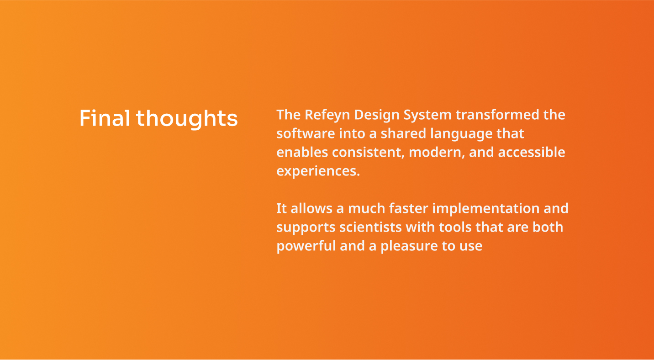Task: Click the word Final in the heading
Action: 105,118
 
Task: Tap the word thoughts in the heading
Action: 187,119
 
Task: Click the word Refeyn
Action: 327,115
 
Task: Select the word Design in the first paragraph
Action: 377,115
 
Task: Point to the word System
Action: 427,115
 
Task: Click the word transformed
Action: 497,115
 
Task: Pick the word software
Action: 306,134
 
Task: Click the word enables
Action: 302,152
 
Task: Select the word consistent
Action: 368,153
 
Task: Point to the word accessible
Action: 532,152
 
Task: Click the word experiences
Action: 318,171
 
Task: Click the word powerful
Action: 306,246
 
